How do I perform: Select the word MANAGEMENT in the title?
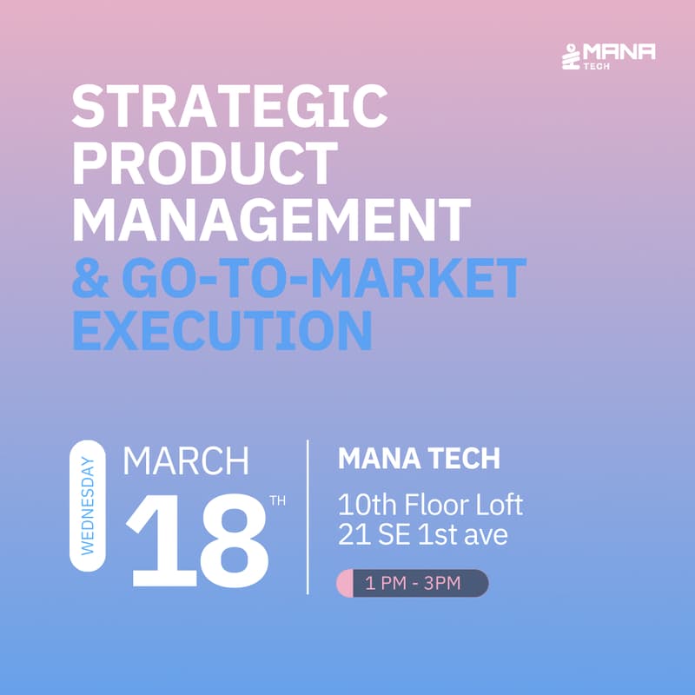271,220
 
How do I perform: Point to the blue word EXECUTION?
222,330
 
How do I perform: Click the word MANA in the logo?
619,51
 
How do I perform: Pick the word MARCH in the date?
186,462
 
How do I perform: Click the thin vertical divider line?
308,517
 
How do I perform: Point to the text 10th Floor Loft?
430,504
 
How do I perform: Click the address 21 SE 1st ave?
422,535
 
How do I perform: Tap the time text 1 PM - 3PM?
413,583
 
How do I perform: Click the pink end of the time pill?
344,583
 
